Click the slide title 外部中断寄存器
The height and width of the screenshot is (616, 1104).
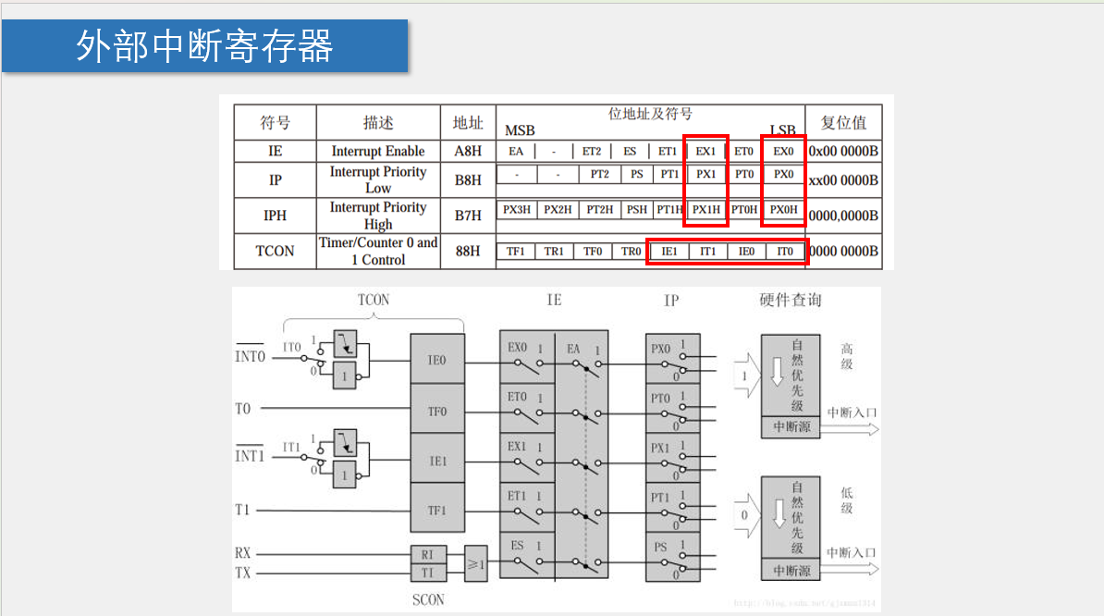204,45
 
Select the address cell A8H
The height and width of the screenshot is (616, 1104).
467,151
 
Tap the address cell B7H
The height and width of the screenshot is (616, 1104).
467,216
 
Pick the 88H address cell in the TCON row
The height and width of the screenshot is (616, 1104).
467,251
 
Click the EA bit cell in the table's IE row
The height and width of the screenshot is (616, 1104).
516,151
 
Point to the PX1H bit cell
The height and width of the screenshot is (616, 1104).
706,210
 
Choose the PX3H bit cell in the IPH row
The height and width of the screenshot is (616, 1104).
517,210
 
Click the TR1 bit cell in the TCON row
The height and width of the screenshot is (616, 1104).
554,251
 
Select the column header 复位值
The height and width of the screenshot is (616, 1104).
843,123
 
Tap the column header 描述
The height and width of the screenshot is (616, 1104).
378,123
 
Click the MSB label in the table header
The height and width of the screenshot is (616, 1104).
520,130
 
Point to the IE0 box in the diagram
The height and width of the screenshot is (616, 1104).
437,361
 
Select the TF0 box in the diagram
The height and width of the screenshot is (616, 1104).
437,412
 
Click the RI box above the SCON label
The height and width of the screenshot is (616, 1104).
427,555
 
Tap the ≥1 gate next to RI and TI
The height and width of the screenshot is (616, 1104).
475,562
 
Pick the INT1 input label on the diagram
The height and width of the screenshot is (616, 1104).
250,456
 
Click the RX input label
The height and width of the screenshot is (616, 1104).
243,553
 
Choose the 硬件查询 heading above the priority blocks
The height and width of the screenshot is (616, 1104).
790,300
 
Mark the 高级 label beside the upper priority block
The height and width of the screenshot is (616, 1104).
846,357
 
